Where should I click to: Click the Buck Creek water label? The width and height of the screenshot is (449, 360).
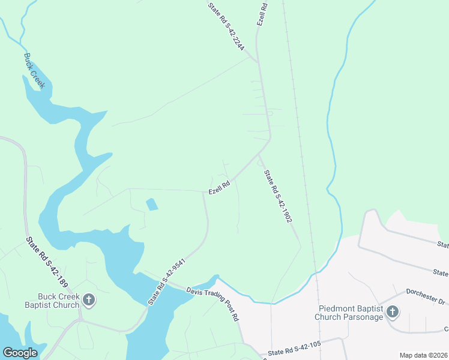coord(34,71)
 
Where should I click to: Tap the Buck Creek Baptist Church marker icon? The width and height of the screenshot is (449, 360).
coord(89,299)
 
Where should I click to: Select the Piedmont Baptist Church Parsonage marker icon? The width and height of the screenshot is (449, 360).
coord(392,311)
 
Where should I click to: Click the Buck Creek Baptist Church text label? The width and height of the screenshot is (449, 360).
coord(58,301)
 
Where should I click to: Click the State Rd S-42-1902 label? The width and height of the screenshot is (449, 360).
coord(278,196)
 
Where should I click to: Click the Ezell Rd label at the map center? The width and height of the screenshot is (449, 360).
coord(219,188)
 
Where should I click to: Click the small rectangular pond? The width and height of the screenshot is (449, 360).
coord(152,204)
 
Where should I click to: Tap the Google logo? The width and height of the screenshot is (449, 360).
coord(20,353)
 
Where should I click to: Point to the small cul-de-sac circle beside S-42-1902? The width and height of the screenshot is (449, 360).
coord(260,162)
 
